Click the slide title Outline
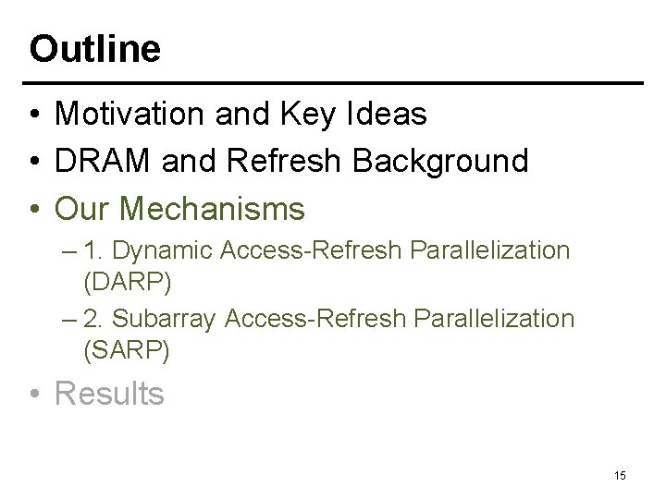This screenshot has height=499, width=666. click(x=94, y=48)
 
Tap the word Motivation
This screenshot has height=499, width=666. click(x=130, y=115)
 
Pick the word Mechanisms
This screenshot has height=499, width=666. click(x=213, y=210)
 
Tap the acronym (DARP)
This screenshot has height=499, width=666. click(x=127, y=281)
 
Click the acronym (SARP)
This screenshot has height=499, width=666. click(x=126, y=349)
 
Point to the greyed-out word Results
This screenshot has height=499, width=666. click(x=110, y=394)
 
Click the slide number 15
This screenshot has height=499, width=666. click(x=620, y=475)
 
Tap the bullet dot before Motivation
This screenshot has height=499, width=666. click(x=33, y=116)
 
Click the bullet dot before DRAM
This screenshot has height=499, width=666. click(x=33, y=163)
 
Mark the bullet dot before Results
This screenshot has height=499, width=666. click(x=33, y=395)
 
